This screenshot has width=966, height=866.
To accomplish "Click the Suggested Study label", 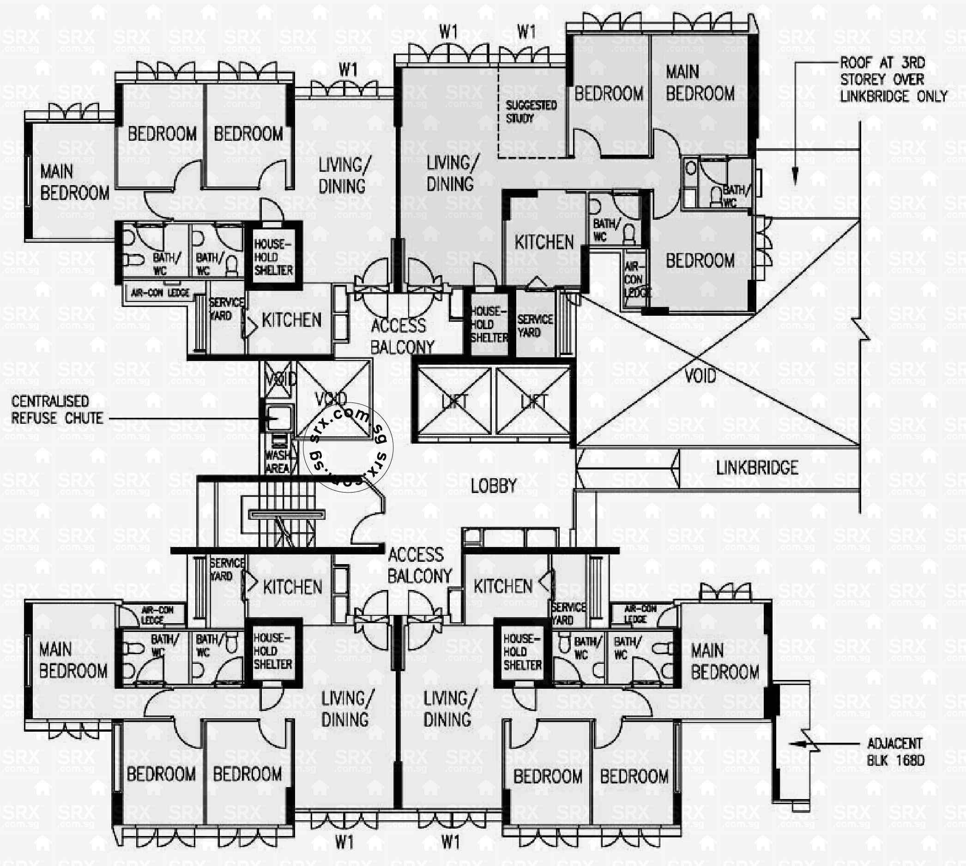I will pyautogui.click(x=531, y=111).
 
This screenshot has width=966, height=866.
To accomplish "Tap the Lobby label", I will pyautogui.click(x=494, y=486).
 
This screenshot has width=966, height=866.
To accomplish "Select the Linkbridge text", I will pyautogui.click(x=757, y=468).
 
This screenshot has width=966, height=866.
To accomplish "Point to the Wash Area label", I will pyautogui.click(x=278, y=462).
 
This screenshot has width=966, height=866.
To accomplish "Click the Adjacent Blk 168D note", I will pyautogui.click(x=894, y=752).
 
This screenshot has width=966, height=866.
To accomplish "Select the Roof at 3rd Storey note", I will pyautogui.click(x=893, y=79).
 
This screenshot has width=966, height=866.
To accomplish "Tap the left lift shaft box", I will pyautogui.click(x=454, y=402).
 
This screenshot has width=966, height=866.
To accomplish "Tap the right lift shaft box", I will pyautogui.click(x=533, y=402).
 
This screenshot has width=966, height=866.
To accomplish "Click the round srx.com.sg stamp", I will pyautogui.click(x=347, y=447).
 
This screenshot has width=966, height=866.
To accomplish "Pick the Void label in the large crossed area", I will pyautogui.click(x=700, y=376).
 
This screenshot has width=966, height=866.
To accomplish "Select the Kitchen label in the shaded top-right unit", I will pyautogui.click(x=544, y=242).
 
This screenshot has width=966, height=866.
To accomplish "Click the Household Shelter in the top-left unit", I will pyautogui.click(x=273, y=257).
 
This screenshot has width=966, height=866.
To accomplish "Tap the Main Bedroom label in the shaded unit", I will pyautogui.click(x=700, y=83).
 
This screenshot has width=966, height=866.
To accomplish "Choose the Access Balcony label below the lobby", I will pyautogui.click(x=419, y=565).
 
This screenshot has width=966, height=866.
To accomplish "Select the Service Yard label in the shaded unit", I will pyautogui.click(x=535, y=325).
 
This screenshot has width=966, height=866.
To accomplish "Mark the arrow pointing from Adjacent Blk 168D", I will pyautogui.click(x=804, y=744).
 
